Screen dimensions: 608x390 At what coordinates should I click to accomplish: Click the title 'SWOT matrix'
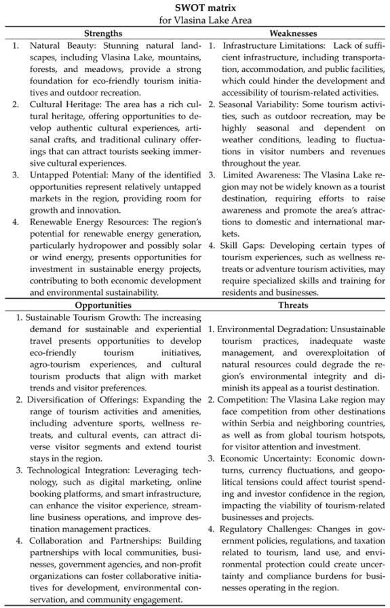point(195,7)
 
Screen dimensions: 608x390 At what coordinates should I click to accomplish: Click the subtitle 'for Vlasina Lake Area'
point(195,20)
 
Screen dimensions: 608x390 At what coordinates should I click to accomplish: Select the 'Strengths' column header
point(103,33)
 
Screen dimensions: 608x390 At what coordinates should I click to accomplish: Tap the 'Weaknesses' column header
point(293,33)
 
